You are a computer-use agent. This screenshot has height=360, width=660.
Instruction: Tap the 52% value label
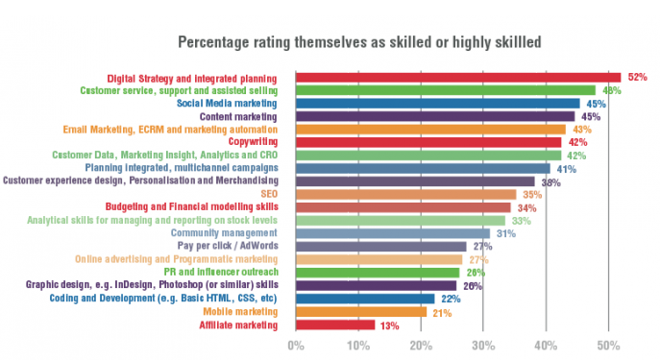[635, 77]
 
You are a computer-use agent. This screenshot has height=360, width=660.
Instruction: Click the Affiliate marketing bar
[335, 324]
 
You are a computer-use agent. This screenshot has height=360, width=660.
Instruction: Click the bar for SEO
[404, 194]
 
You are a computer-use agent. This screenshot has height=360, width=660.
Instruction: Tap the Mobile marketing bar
[360, 311]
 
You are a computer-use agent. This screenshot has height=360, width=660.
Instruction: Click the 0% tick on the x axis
[296, 345]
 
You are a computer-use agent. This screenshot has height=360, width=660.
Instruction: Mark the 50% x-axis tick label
[607, 345]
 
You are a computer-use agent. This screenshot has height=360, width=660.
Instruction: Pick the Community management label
[224, 232]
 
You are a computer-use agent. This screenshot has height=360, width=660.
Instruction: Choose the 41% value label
[567, 168]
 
